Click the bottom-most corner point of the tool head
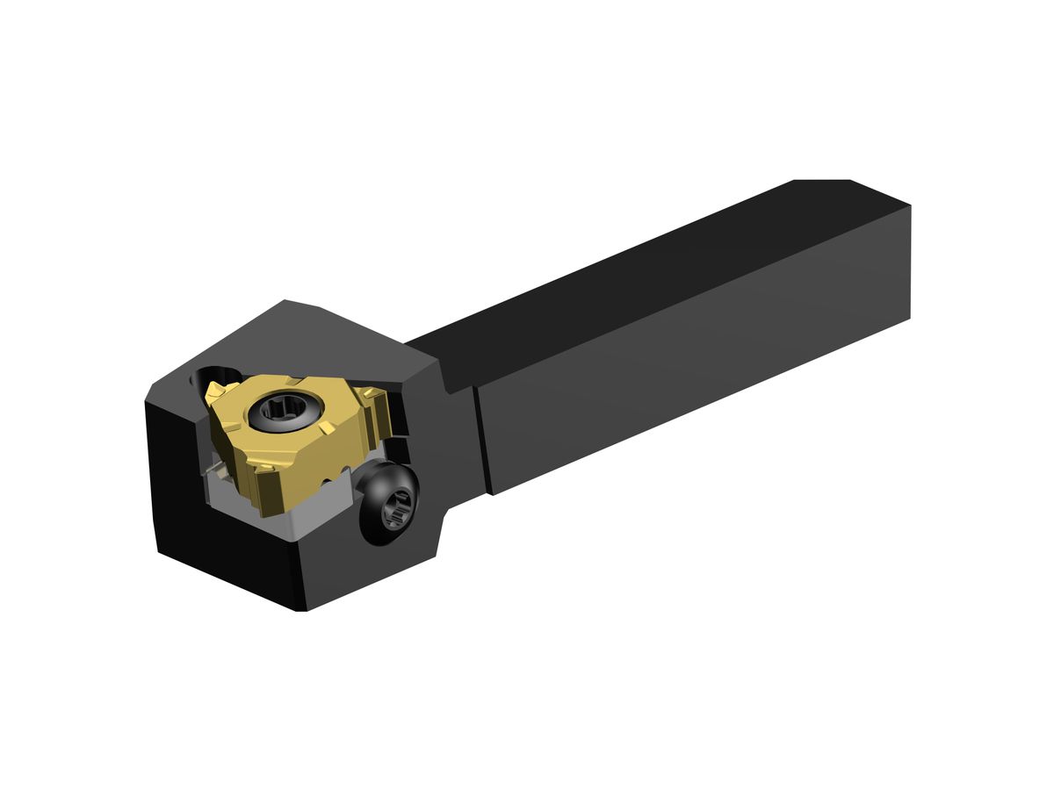[304, 609]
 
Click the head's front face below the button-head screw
[369, 562]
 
